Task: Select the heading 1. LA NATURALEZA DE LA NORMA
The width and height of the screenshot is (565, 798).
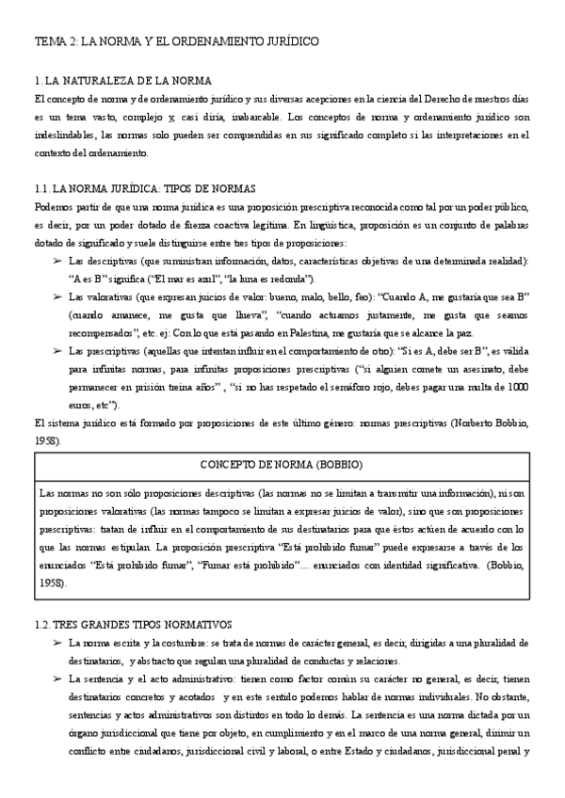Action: pyautogui.click(x=122, y=81)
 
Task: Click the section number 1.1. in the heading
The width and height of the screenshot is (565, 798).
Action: pyautogui.click(x=45, y=188)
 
